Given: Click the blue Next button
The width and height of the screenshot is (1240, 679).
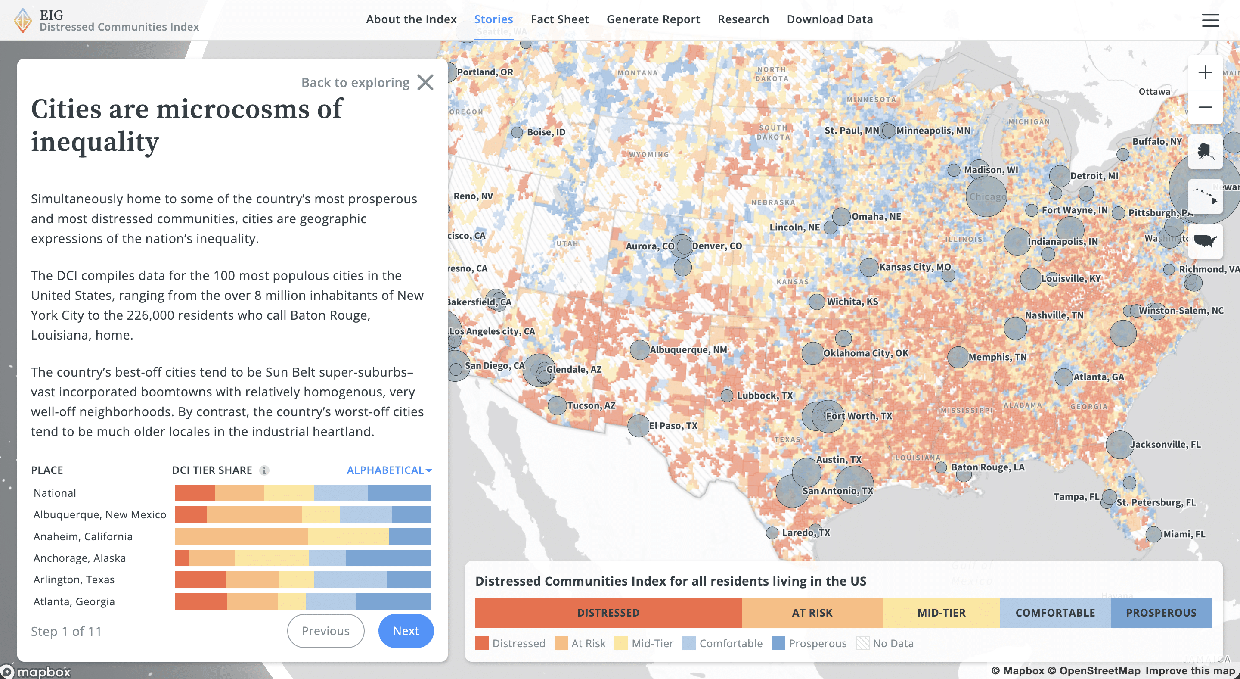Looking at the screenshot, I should pyautogui.click(x=405, y=630).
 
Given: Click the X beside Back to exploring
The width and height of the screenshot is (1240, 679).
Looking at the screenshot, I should pyautogui.click(x=425, y=82).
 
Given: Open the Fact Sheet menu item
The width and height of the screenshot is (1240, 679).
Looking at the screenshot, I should pyautogui.click(x=559, y=19).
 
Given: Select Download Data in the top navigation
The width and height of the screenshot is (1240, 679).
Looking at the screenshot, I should pyautogui.click(x=829, y=19).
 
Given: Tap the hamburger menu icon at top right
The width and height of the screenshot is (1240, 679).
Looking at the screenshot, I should pyautogui.click(x=1210, y=20).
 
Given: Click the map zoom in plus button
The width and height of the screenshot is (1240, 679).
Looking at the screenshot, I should pyautogui.click(x=1205, y=73).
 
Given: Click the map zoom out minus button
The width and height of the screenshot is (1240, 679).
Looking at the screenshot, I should pyautogui.click(x=1205, y=107).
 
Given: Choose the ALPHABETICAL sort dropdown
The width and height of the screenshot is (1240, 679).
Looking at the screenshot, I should pyautogui.click(x=389, y=470).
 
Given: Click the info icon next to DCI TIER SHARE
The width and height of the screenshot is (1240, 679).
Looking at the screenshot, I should pyautogui.click(x=264, y=470).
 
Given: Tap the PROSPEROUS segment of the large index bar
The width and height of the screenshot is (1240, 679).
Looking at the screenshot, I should pyautogui.click(x=1161, y=613).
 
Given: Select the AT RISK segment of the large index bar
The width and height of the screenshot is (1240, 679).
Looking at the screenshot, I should pyautogui.click(x=812, y=613).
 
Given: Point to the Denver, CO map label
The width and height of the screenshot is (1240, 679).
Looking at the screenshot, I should pyautogui.click(x=716, y=246).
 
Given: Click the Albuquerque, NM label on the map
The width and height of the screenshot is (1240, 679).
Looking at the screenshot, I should pyautogui.click(x=688, y=349).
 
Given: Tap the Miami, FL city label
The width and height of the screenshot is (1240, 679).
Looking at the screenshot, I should pyautogui.click(x=1184, y=534).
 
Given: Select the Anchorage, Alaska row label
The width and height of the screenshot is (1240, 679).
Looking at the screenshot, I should pyautogui.click(x=79, y=558).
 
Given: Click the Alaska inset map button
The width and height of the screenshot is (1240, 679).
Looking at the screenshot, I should pyautogui.click(x=1205, y=152).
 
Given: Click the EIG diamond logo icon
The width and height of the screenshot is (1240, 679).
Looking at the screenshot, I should pyautogui.click(x=23, y=20).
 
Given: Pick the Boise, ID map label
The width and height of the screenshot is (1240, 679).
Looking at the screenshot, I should pyautogui.click(x=546, y=132).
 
